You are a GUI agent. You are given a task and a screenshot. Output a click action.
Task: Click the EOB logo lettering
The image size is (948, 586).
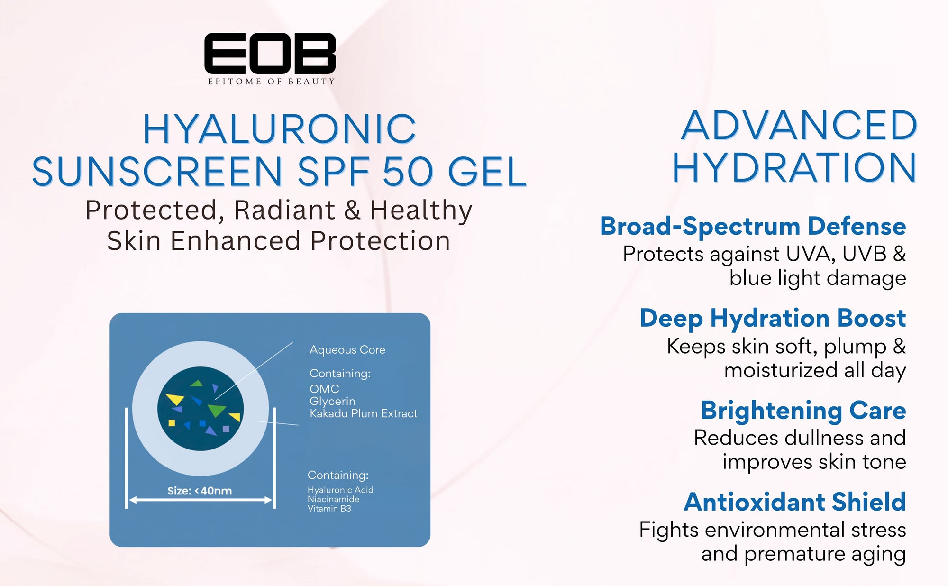pyautogui.click(x=270, y=53)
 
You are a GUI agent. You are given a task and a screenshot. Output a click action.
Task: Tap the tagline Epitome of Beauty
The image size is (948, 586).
pyautogui.click(x=271, y=82)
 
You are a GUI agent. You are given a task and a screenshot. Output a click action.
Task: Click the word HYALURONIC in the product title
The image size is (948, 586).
pyautogui.click(x=280, y=129)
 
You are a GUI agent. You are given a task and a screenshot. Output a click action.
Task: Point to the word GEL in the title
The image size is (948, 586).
pyautogui.click(x=487, y=171)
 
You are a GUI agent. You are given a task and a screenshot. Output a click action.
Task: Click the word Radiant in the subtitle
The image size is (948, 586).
pyautogui.click(x=285, y=210)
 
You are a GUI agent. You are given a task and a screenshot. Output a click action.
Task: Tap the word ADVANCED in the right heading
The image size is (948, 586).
pyautogui.click(x=800, y=126)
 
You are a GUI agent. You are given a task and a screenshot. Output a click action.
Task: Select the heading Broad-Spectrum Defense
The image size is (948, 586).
pyautogui.click(x=753, y=226)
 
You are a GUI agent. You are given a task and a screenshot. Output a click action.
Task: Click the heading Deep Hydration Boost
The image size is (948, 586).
pyautogui.click(x=773, y=318)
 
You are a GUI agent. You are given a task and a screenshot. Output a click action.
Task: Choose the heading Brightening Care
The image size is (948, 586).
pyautogui.click(x=803, y=411)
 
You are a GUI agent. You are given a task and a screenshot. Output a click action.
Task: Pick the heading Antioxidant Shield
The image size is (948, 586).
pyautogui.click(x=795, y=502)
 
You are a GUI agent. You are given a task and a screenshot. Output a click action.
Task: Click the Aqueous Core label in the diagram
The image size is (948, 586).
pyautogui.click(x=347, y=350)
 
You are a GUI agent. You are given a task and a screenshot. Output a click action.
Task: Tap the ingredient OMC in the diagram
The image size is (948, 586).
pyautogui.click(x=325, y=389)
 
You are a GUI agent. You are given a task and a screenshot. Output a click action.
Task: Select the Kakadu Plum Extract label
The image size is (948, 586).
pyautogui.click(x=364, y=413)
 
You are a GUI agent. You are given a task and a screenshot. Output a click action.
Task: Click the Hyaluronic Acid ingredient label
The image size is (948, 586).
pyautogui.click(x=340, y=490)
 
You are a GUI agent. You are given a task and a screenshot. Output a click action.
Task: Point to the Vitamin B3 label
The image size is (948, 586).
pyautogui.click(x=329, y=508)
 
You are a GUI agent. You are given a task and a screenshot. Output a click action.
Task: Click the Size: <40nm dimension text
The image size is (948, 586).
pyautogui.click(x=200, y=491)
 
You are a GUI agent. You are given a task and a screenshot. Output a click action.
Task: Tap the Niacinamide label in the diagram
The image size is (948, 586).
pyautogui.click(x=333, y=499)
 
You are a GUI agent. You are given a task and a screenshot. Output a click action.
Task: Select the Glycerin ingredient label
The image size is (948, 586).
pyautogui.click(x=332, y=402)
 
